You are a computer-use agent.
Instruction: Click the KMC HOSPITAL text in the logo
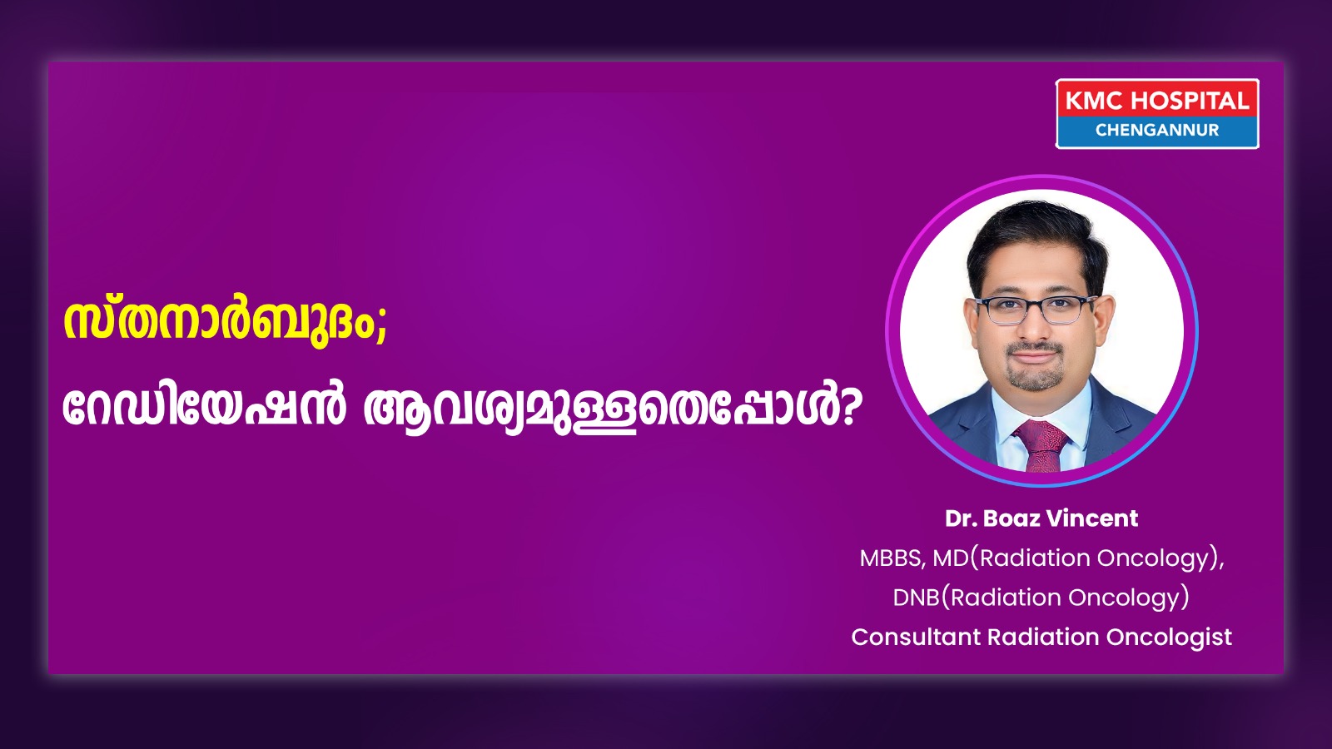click(x=1157, y=101)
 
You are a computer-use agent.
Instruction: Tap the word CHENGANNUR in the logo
click(x=1157, y=130)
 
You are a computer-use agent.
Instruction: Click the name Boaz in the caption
click(x=1011, y=518)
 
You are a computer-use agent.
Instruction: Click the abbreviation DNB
click(x=917, y=598)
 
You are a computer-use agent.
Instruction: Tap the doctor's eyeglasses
click(x=1036, y=310)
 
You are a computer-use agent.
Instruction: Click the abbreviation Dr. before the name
click(x=961, y=518)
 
